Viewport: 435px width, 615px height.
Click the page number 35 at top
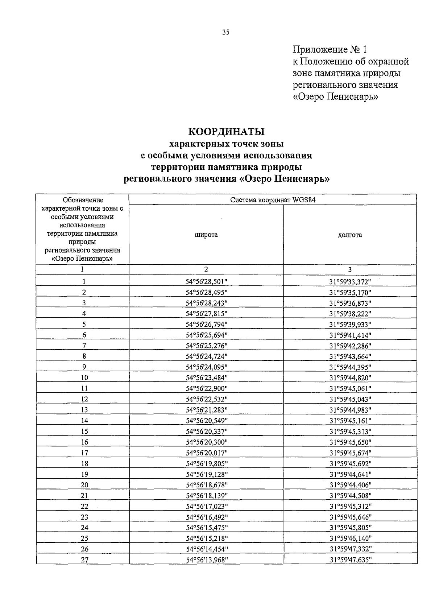tap(226, 32)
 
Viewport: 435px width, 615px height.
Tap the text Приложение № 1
tap(330, 49)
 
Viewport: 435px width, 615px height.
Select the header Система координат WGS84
tap(272, 200)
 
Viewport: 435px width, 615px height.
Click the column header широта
tap(206, 235)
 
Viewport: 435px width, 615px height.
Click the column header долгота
tap(350, 235)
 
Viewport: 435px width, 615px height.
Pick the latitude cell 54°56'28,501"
tap(207, 282)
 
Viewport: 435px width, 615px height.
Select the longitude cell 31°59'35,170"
tap(350, 292)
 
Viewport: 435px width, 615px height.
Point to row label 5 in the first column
tap(84, 325)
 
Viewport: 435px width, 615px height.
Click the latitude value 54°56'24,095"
tap(207, 367)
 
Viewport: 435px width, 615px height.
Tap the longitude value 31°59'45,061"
tap(350, 389)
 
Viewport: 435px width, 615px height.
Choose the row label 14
tap(84, 421)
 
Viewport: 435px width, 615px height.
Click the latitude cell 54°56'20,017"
tap(207, 453)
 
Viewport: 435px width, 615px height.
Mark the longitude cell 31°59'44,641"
tap(350, 474)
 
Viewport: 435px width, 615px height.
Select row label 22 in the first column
tap(84, 506)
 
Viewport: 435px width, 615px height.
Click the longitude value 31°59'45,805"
tap(350, 528)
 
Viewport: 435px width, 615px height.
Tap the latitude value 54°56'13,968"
tap(207, 560)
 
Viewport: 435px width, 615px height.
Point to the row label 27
tap(84, 560)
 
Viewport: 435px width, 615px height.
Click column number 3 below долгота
tap(350, 269)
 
